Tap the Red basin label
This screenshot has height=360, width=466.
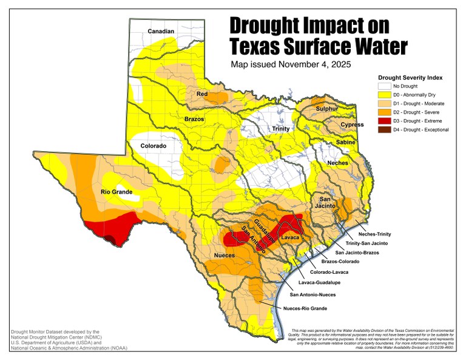(x=202, y=94)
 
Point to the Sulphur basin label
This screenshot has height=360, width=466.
(x=328, y=109)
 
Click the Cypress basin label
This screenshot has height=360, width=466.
(x=352, y=124)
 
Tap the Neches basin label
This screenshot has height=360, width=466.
(x=339, y=164)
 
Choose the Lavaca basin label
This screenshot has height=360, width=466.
(x=291, y=237)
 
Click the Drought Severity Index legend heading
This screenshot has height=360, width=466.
(x=410, y=78)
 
